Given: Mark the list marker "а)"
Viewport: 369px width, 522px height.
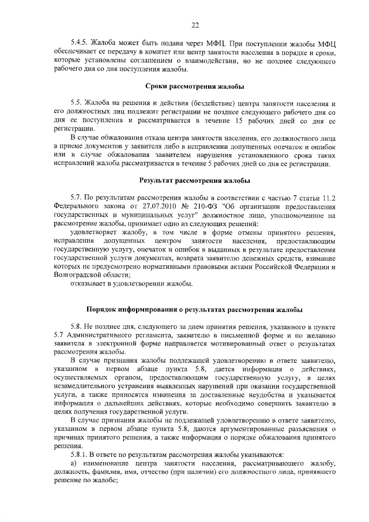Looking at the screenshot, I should pyautogui.click(x=74, y=464).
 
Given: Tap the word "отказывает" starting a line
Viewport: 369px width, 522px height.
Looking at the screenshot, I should pyautogui.click(x=90, y=284).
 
